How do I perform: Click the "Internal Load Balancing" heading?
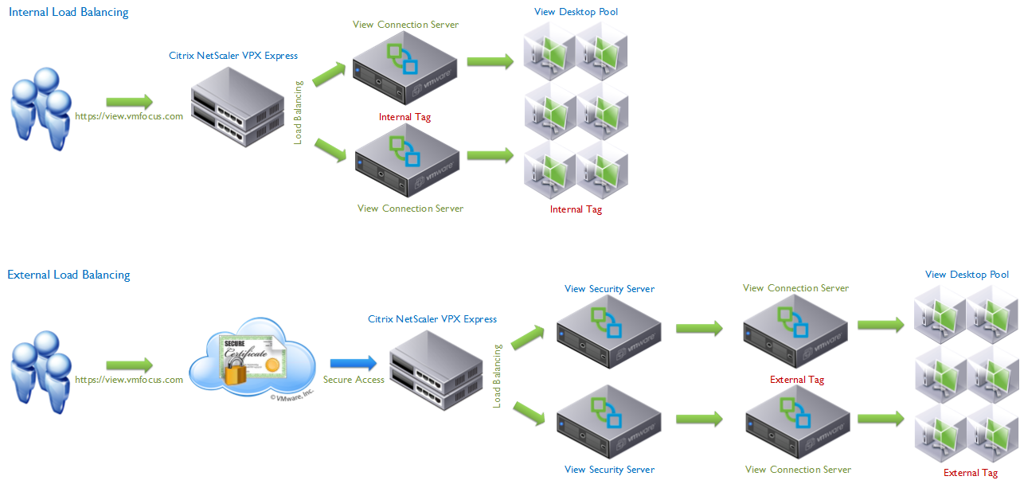68,12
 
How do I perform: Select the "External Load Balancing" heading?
68,275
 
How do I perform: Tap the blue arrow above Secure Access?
353,363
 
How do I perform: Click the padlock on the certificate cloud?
236,370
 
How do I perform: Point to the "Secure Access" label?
354,380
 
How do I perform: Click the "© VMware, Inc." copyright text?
292,392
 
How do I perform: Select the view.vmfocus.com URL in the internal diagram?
129,116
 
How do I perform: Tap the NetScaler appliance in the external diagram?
436,370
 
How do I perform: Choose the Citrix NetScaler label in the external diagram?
432,319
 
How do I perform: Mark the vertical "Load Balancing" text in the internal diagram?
299,112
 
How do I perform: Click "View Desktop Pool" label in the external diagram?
967,275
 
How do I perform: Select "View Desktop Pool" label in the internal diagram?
576,12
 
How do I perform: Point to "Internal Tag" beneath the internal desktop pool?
576,209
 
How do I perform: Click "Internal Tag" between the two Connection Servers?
404,117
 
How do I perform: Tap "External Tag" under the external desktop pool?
970,473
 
